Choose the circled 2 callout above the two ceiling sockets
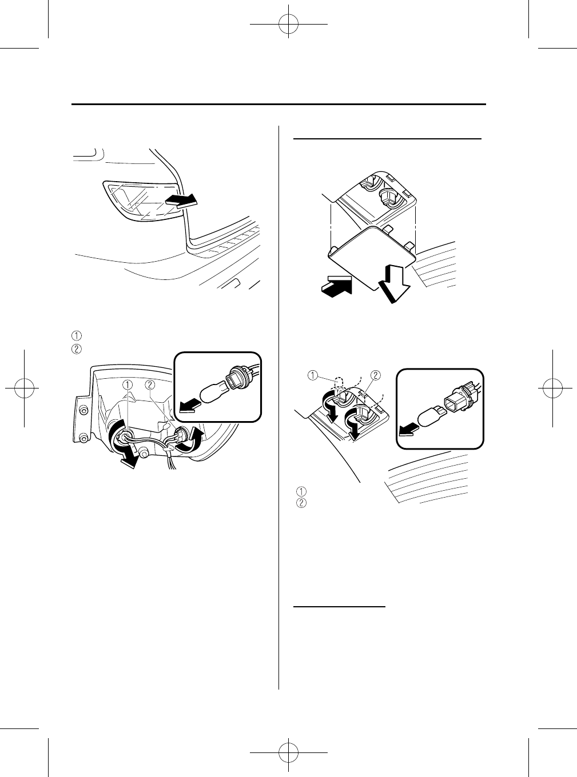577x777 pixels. coord(376,375)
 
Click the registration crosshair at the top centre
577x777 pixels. coord(289,25)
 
